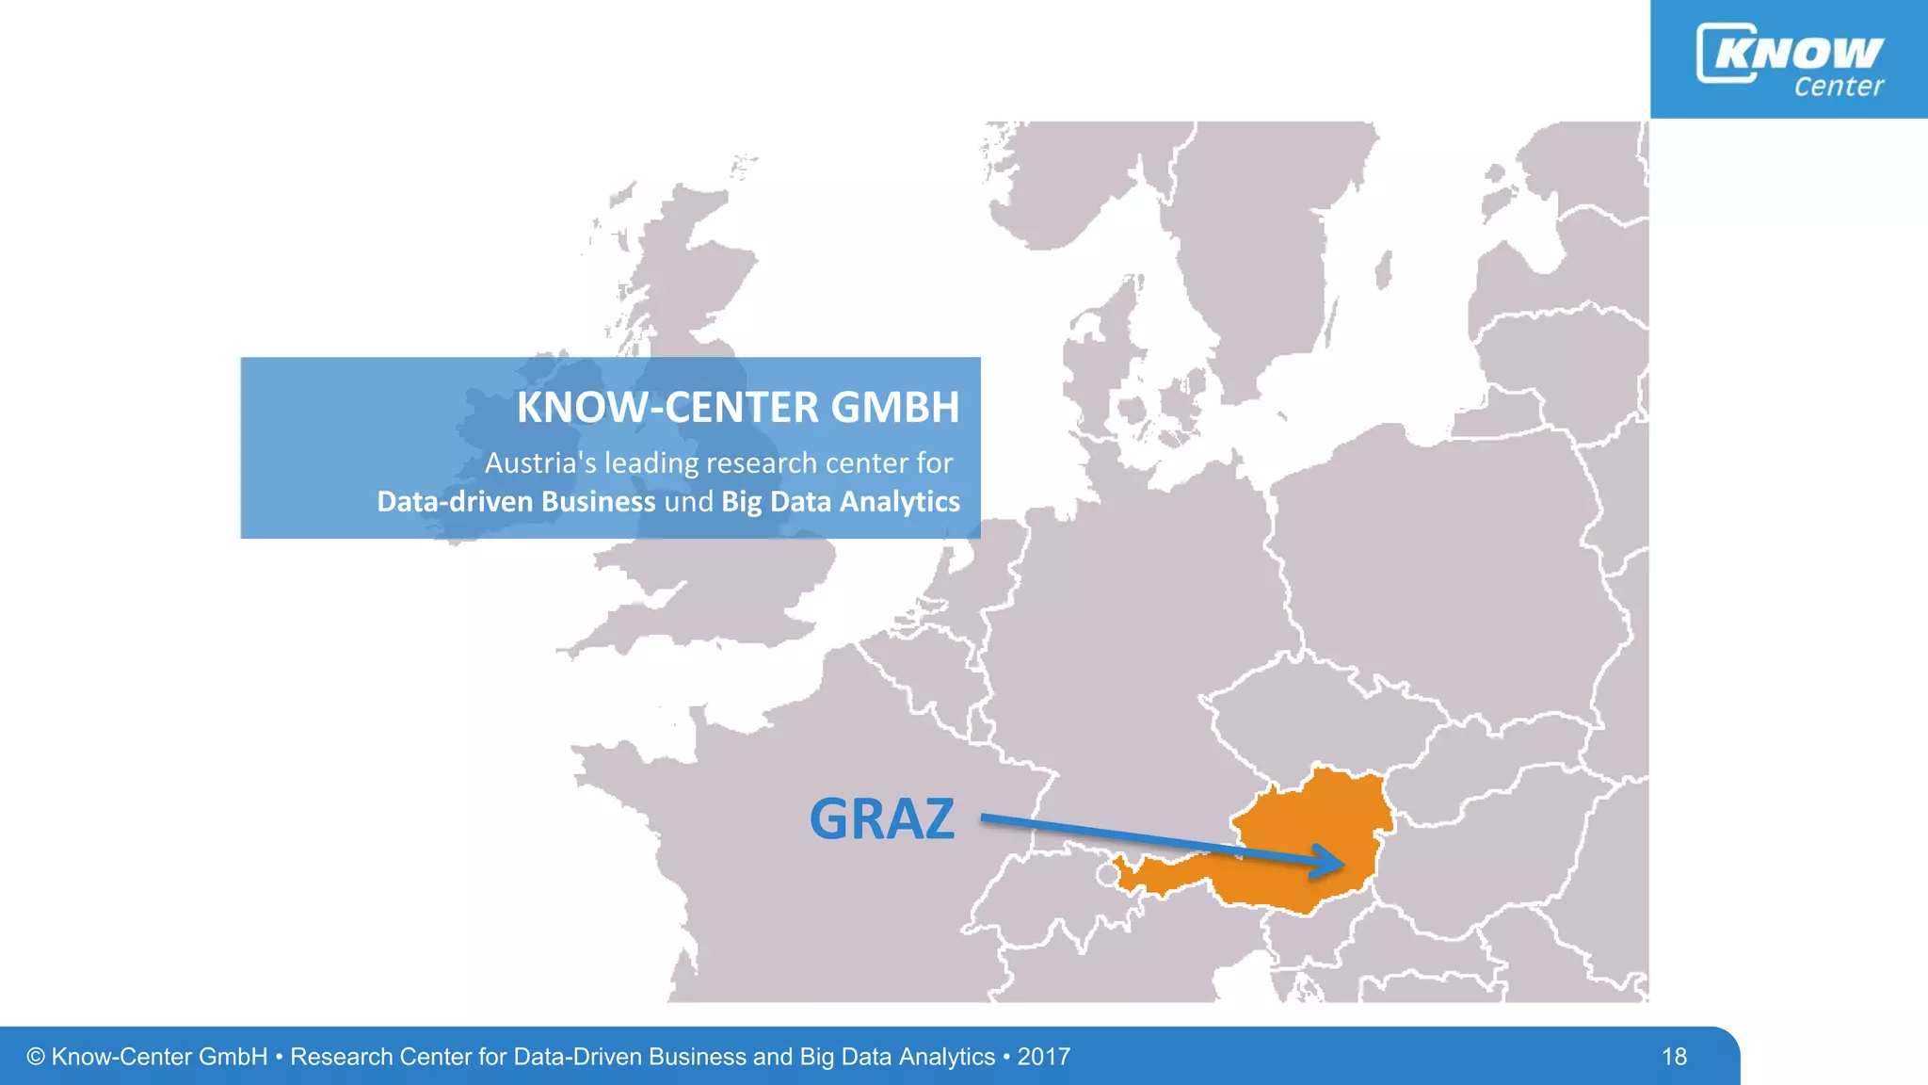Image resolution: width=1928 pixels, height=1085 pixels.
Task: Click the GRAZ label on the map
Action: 881,818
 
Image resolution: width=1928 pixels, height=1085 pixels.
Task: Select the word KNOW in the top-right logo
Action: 1798,53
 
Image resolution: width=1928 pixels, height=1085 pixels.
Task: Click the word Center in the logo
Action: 1838,87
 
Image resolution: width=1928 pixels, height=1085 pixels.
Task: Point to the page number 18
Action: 1674,1057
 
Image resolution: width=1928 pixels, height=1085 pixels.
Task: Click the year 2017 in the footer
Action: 1043,1057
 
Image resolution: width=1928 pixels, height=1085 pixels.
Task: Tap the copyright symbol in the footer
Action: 36,1057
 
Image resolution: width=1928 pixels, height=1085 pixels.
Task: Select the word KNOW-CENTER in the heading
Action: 667,407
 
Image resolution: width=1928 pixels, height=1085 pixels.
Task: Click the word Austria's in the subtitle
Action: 540,462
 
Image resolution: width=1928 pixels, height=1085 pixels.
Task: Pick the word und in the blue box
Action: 688,501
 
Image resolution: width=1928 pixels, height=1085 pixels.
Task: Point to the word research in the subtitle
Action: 762,462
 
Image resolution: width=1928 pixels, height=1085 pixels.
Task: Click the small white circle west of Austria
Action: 1108,875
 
